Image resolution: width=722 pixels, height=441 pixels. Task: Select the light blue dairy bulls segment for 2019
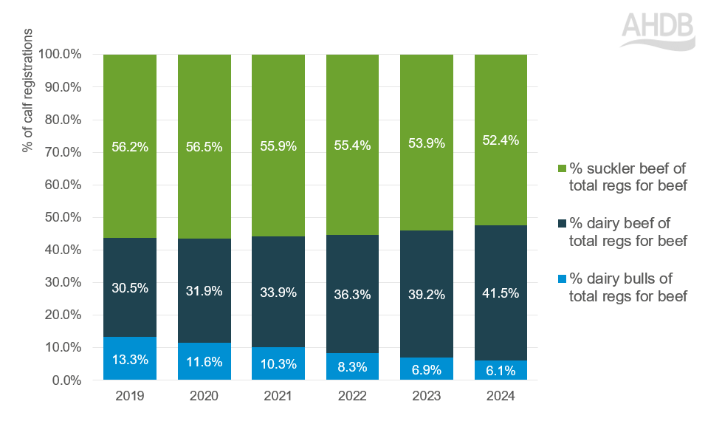tap(130, 358)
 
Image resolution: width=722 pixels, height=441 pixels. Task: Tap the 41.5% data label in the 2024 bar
tap(501, 293)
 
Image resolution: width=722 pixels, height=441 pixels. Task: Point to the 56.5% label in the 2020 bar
tap(204, 146)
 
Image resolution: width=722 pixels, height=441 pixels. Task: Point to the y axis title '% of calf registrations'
tap(28, 91)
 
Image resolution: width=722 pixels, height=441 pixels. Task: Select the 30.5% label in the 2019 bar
tap(130, 288)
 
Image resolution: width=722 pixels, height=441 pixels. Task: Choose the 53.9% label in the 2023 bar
tap(427, 143)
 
